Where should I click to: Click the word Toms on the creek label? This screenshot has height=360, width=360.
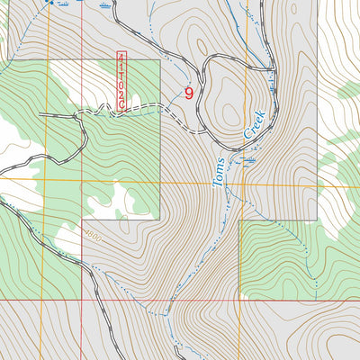[x=219, y=171]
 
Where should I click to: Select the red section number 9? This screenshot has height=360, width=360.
[x=189, y=92]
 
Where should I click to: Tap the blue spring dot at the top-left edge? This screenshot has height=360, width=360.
[x=50, y=3]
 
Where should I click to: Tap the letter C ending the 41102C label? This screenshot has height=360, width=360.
[x=121, y=106]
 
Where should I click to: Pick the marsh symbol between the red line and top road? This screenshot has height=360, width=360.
[x=107, y=6]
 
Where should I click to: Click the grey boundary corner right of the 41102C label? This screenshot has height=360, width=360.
[x=160, y=61]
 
